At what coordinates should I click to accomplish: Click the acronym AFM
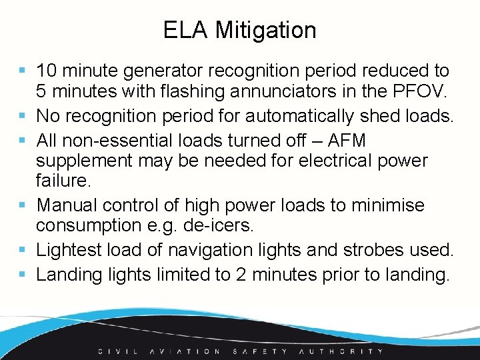[x=347, y=141]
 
